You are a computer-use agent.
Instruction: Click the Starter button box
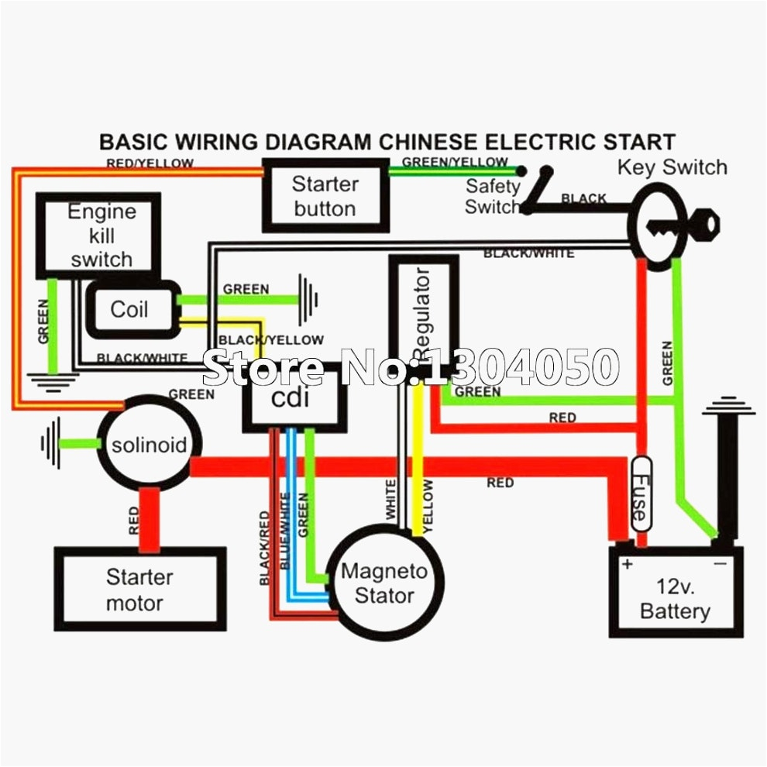(x=325, y=195)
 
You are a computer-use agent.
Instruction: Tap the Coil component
(x=129, y=310)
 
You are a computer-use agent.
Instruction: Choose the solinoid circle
(x=150, y=445)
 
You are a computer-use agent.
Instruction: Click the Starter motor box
(x=139, y=590)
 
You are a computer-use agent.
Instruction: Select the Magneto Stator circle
(x=384, y=583)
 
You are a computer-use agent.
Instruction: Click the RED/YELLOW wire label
(x=150, y=163)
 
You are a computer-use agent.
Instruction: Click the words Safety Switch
(x=493, y=197)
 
